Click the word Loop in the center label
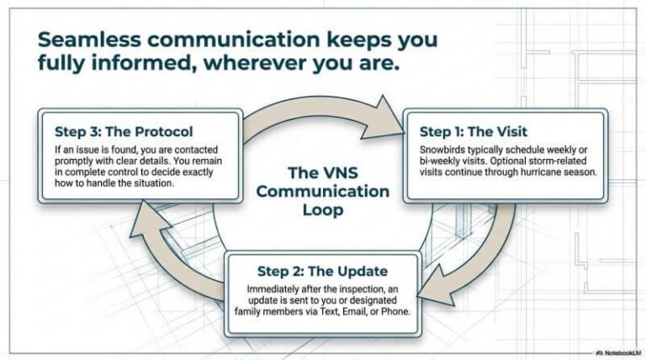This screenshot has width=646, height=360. click(323, 210)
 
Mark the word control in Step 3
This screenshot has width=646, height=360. click(113, 172)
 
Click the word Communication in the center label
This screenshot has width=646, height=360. click(323, 191)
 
